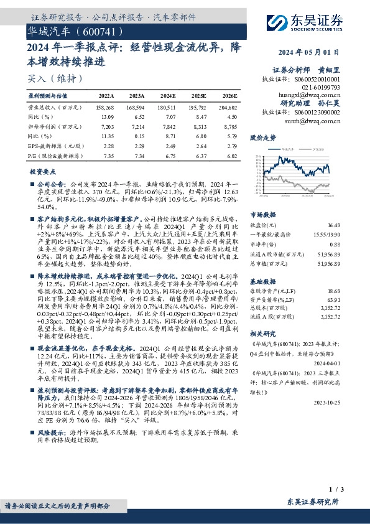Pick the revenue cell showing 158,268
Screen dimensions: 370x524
point(104,108)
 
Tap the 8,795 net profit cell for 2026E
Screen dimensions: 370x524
point(228,126)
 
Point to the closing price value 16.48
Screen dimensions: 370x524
point(334,224)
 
